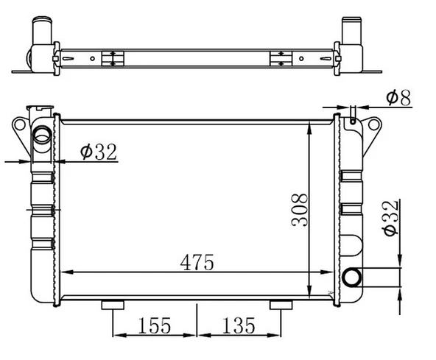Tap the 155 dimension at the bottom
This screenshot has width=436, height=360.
[x=153, y=325]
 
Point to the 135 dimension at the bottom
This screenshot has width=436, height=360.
[x=236, y=325]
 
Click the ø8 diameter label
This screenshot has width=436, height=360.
[x=401, y=96]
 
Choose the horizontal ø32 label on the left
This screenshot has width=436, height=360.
[x=98, y=152]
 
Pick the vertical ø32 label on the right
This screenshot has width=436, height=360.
[x=391, y=218]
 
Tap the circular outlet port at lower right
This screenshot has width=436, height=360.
[x=353, y=278]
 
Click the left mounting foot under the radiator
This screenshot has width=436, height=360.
[x=112, y=306]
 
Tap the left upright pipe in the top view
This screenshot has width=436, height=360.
[x=39, y=33]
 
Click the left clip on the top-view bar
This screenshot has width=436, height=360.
[x=111, y=59]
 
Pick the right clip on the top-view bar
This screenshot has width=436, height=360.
[x=280, y=59]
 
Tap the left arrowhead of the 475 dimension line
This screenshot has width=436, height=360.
[x=64, y=272]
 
